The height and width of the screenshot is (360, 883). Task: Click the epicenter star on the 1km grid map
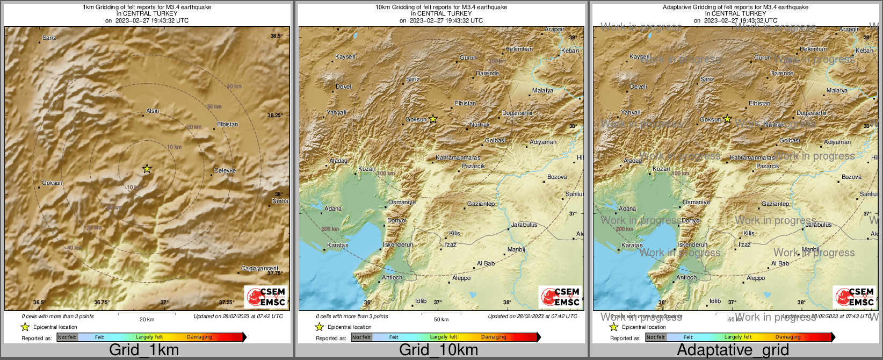coord(147,169)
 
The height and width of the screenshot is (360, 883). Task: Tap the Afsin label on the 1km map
coord(153,111)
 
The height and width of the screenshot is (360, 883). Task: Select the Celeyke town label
coord(225,170)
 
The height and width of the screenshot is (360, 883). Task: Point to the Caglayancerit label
coord(260,268)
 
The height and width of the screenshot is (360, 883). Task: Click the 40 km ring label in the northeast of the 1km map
coord(234,87)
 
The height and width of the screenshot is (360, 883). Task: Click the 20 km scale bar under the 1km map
coord(147,313)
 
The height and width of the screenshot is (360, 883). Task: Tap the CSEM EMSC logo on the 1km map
coord(266,297)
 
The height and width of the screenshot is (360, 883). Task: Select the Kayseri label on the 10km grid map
coord(345,56)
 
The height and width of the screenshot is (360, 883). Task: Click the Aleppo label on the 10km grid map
coord(461,278)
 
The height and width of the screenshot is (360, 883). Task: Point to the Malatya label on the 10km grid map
coord(542,90)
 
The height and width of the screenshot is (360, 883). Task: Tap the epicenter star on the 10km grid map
coord(433,119)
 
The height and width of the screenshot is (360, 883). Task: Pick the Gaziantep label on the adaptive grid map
coord(775,204)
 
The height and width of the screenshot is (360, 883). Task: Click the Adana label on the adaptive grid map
coord(627,208)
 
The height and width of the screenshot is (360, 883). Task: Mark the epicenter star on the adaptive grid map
coord(727,119)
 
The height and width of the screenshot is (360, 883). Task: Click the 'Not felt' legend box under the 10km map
coord(361,337)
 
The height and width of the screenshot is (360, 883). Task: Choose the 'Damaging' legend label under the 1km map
coord(199,337)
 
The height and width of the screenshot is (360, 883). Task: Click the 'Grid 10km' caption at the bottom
coord(438,350)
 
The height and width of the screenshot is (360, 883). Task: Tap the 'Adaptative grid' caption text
coord(733,350)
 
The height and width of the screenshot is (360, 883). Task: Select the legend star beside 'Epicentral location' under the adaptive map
coord(613,327)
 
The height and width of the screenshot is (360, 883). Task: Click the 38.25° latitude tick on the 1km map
coord(274,115)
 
